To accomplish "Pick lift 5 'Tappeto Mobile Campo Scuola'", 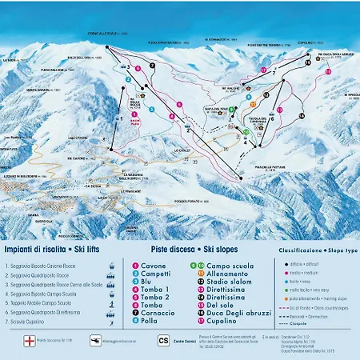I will click(x=44, y=302).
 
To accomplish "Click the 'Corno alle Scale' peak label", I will click(x=106, y=34).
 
